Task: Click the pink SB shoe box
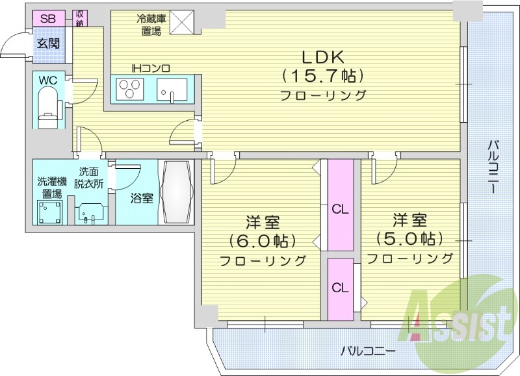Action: click(x=47, y=18)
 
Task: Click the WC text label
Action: click(x=48, y=80)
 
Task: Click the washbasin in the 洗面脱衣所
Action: click(x=88, y=212)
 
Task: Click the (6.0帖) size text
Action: click(x=263, y=241)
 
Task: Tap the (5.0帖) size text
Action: click(x=409, y=238)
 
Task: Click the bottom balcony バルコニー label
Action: click(x=368, y=351)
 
